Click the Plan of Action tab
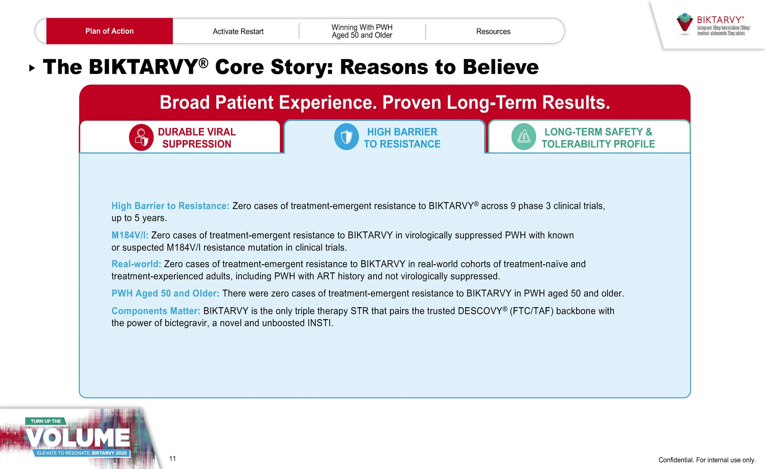coord(109,31)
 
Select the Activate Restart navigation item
coord(238,31)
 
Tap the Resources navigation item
coord(493,31)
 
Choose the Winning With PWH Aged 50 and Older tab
coord(362,31)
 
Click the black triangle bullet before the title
coord(32,68)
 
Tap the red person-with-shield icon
coord(141,137)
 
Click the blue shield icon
coord(346,137)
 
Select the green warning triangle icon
coord(524,137)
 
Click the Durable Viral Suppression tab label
coord(197,138)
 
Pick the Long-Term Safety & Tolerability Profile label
coord(598,138)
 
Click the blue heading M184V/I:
coord(130,235)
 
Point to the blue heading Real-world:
coord(136,264)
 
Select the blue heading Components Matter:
coord(156,311)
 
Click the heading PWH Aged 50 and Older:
coord(165,293)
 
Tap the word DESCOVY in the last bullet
coord(480,311)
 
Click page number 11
coord(173,459)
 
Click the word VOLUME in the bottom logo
coord(78,438)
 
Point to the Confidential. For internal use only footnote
coord(707,460)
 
